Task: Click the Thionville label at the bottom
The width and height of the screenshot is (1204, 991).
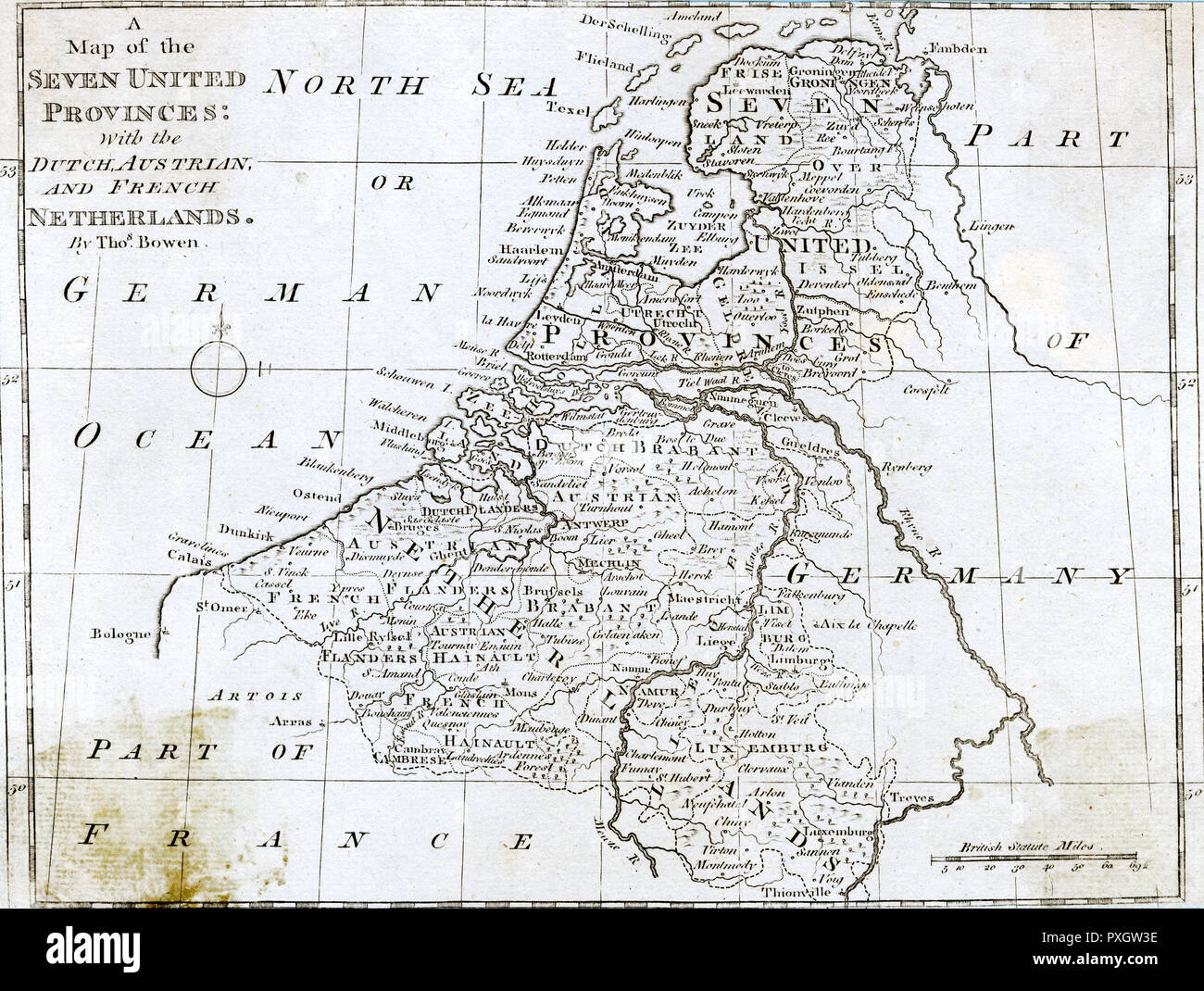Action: [803, 892]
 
